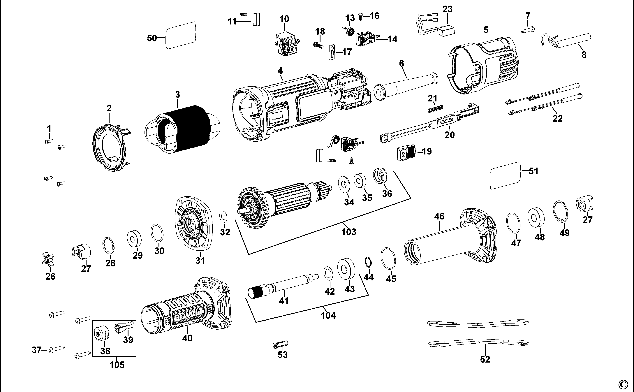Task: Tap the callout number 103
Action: [x=349, y=232]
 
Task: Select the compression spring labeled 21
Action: [x=436, y=109]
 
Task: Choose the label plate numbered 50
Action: [x=180, y=35]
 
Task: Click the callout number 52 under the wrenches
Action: [x=485, y=359]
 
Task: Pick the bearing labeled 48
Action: [x=536, y=217]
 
